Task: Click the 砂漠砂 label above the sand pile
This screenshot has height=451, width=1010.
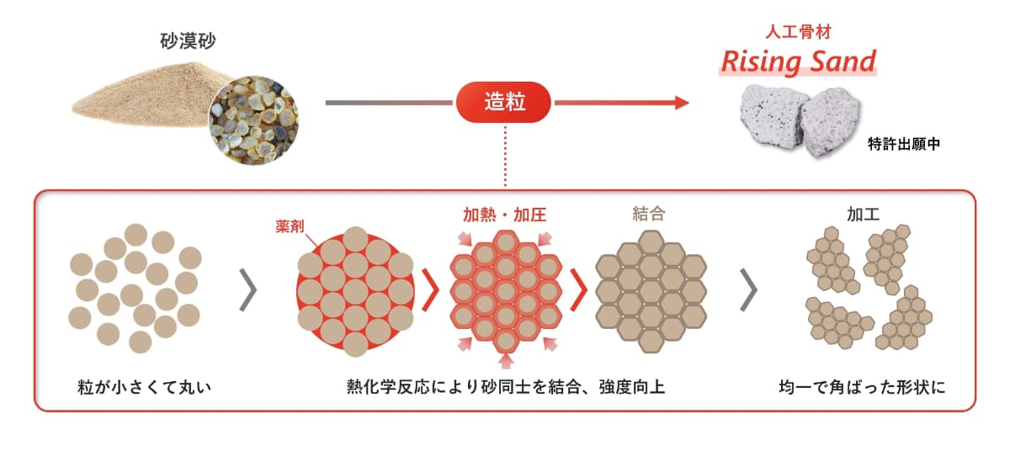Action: click(188, 41)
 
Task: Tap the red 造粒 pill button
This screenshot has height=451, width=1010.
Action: click(503, 103)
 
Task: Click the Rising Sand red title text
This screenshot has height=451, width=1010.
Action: click(798, 61)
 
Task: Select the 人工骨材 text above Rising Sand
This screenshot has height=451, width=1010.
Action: click(798, 32)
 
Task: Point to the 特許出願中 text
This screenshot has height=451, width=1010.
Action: click(904, 144)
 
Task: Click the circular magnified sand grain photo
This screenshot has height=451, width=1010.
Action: click(253, 120)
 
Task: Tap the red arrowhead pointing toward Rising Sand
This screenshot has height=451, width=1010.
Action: click(682, 103)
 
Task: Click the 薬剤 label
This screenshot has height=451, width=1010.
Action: click(290, 226)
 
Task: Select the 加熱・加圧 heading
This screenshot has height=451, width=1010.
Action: click(504, 215)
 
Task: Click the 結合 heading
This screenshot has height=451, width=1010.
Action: click(649, 214)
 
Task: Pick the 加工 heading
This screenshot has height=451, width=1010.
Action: click(863, 214)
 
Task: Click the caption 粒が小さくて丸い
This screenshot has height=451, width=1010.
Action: click(144, 387)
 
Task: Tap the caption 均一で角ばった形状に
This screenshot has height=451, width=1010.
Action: click(862, 387)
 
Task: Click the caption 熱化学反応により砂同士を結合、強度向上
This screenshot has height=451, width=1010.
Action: click(506, 387)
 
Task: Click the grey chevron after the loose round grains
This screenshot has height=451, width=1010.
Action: click(248, 290)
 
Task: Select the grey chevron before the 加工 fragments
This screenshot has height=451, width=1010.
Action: click(749, 290)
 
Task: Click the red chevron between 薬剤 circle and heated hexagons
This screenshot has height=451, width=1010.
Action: click(431, 290)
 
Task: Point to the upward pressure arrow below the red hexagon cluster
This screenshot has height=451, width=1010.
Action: click(506, 361)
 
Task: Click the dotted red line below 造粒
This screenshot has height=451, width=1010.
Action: click(505, 156)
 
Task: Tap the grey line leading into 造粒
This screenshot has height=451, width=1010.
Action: click(389, 103)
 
